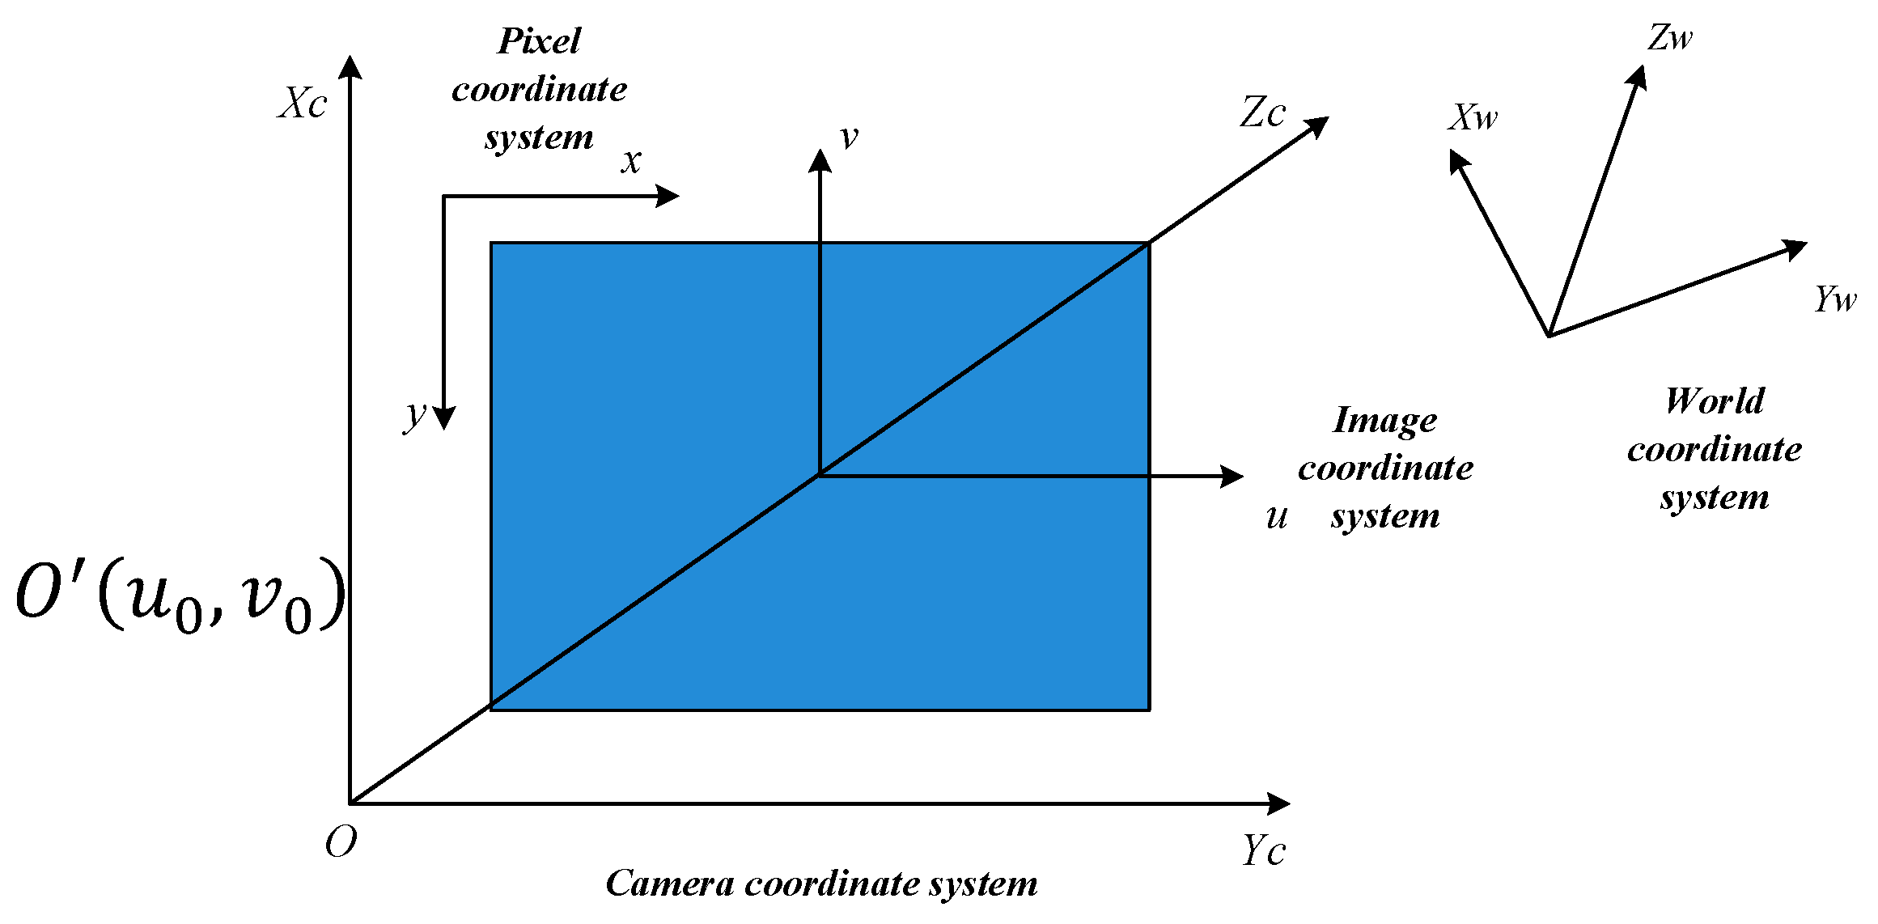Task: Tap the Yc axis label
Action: (x=1263, y=851)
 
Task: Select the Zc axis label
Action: (x=1262, y=112)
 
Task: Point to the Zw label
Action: (x=1670, y=38)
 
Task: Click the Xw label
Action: (x=1473, y=118)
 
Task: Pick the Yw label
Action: (x=1835, y=299)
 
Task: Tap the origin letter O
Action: (x=341, y=844)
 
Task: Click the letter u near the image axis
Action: (x=1277, y=516)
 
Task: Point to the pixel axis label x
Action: (x=631, y=161)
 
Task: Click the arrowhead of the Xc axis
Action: (x=350, y=66)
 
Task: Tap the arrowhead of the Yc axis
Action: (x=1279, y=803)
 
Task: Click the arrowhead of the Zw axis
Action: (x=1638, y=76)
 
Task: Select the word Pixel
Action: (x=539, y=41)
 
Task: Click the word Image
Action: (x=1384, y=420)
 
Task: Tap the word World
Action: (x=1715, y=401)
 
